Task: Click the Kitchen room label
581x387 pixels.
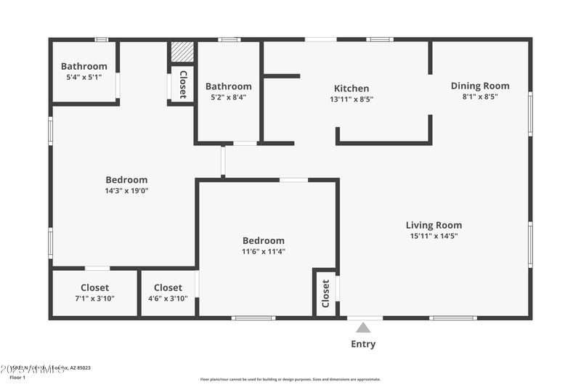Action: [352, 89]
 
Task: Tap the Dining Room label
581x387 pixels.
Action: [480, 86]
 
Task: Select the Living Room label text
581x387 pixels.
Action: [434, 225]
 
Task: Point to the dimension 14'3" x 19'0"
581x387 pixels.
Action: [126, 191]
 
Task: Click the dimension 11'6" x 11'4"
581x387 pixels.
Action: [263, 252]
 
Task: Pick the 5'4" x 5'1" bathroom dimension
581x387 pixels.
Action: [84, 77]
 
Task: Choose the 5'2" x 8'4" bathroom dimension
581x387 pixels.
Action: [228, 97]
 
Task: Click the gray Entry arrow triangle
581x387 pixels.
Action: [363, 328]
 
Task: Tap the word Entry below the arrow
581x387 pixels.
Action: [363, 344]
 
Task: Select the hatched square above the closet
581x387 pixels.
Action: [182, 52]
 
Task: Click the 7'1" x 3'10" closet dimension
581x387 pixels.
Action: [95, 298]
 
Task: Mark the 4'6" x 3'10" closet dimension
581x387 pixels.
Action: [168, 298]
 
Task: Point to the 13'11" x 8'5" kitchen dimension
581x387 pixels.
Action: [352, 99]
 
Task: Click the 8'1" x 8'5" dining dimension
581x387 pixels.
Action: [480, 96]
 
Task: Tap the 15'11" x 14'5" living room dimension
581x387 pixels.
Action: [434, 235]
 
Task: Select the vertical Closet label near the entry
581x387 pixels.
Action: [325, 293]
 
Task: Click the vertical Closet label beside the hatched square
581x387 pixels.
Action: [183, 83]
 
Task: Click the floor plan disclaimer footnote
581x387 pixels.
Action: [290, 379]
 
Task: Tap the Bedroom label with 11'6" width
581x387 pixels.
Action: [263, 241]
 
